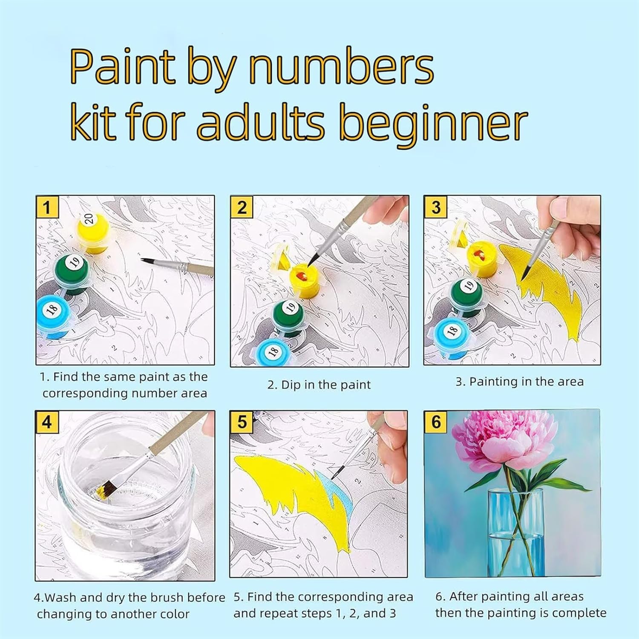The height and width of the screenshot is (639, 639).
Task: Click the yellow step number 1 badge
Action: [x=47, y=207]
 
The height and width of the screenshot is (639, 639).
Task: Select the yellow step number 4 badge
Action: [x=47, y=422]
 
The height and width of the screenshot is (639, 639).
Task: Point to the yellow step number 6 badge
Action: [x=436, y=422]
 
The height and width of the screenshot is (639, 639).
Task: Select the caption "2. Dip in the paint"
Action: [x=319, y=385]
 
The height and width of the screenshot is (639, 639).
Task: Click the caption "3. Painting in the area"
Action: [x=520, y=382]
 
